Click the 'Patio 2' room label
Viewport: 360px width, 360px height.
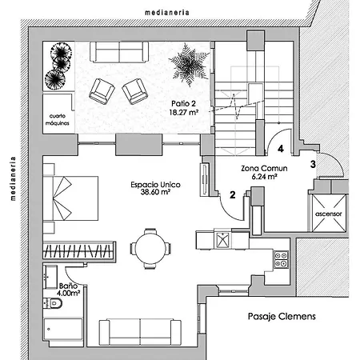click(183, 103)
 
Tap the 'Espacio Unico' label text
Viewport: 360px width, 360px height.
click(155, 185)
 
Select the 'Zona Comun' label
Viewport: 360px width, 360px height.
click(264, 168)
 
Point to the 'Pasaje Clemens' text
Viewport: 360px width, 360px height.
click(282, 316)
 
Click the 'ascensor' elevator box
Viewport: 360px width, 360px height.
click(329, 214)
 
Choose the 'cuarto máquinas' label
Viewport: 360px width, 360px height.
click(58, 119)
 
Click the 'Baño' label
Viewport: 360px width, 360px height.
click(68, 286)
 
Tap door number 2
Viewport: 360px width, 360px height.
click(233, 195)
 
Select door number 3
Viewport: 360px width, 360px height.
click(313, 164)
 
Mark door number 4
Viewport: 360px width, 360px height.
click(281, 149)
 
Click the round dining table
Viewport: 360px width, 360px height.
click(150, 249)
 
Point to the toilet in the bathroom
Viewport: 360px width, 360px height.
click(53, 303)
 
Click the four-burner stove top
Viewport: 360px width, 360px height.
click(282, 259)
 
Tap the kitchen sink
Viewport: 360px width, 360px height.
click(222, 240)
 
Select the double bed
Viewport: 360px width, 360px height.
click(70, 198)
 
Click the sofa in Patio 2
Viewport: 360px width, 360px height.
click(119, 52)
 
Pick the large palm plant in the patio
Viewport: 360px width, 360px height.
click(189, 65)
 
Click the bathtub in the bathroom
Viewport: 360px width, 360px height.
click(63, 330)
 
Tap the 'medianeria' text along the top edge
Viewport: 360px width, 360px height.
click(167, 13)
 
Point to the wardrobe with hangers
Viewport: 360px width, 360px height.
click(79, 250)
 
